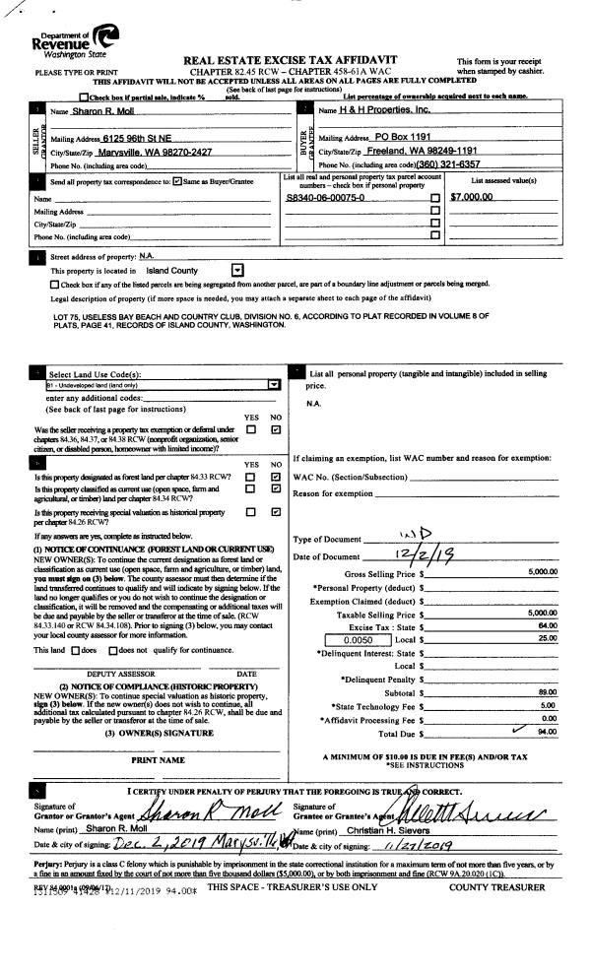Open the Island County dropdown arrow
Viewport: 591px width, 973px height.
[x=236, y=270]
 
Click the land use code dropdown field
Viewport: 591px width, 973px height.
[x=163, y=385]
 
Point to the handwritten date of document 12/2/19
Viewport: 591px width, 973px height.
[x=409, y=558]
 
